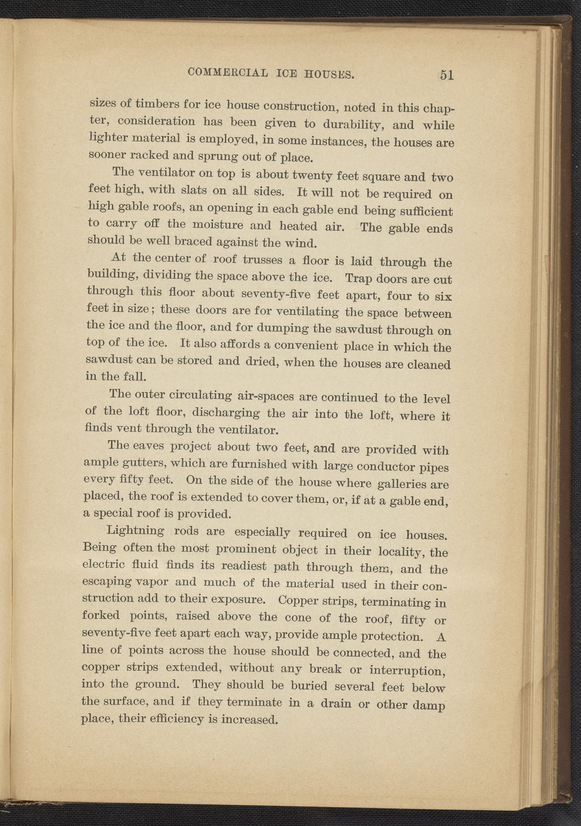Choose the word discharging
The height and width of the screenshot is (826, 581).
(x=226, y=412)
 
